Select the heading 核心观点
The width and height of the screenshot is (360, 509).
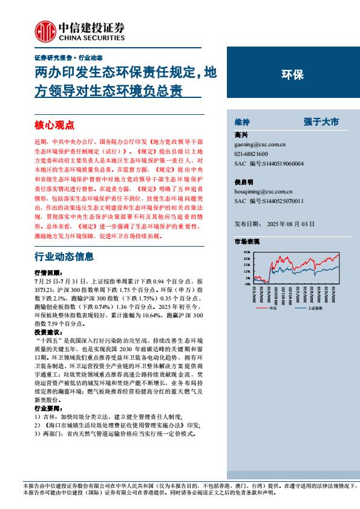pos(54,125)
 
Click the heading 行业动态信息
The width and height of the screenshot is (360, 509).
pos(64,256)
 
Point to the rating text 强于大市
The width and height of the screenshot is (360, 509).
pos(321,122)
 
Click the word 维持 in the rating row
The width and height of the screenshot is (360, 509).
pos(242,122)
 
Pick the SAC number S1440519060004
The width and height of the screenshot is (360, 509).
pos(281,163)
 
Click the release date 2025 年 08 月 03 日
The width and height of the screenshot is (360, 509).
pos(290,224)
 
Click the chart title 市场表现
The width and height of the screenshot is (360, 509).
pos(246,241)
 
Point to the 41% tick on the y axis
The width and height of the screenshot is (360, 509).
pos(247,251)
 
